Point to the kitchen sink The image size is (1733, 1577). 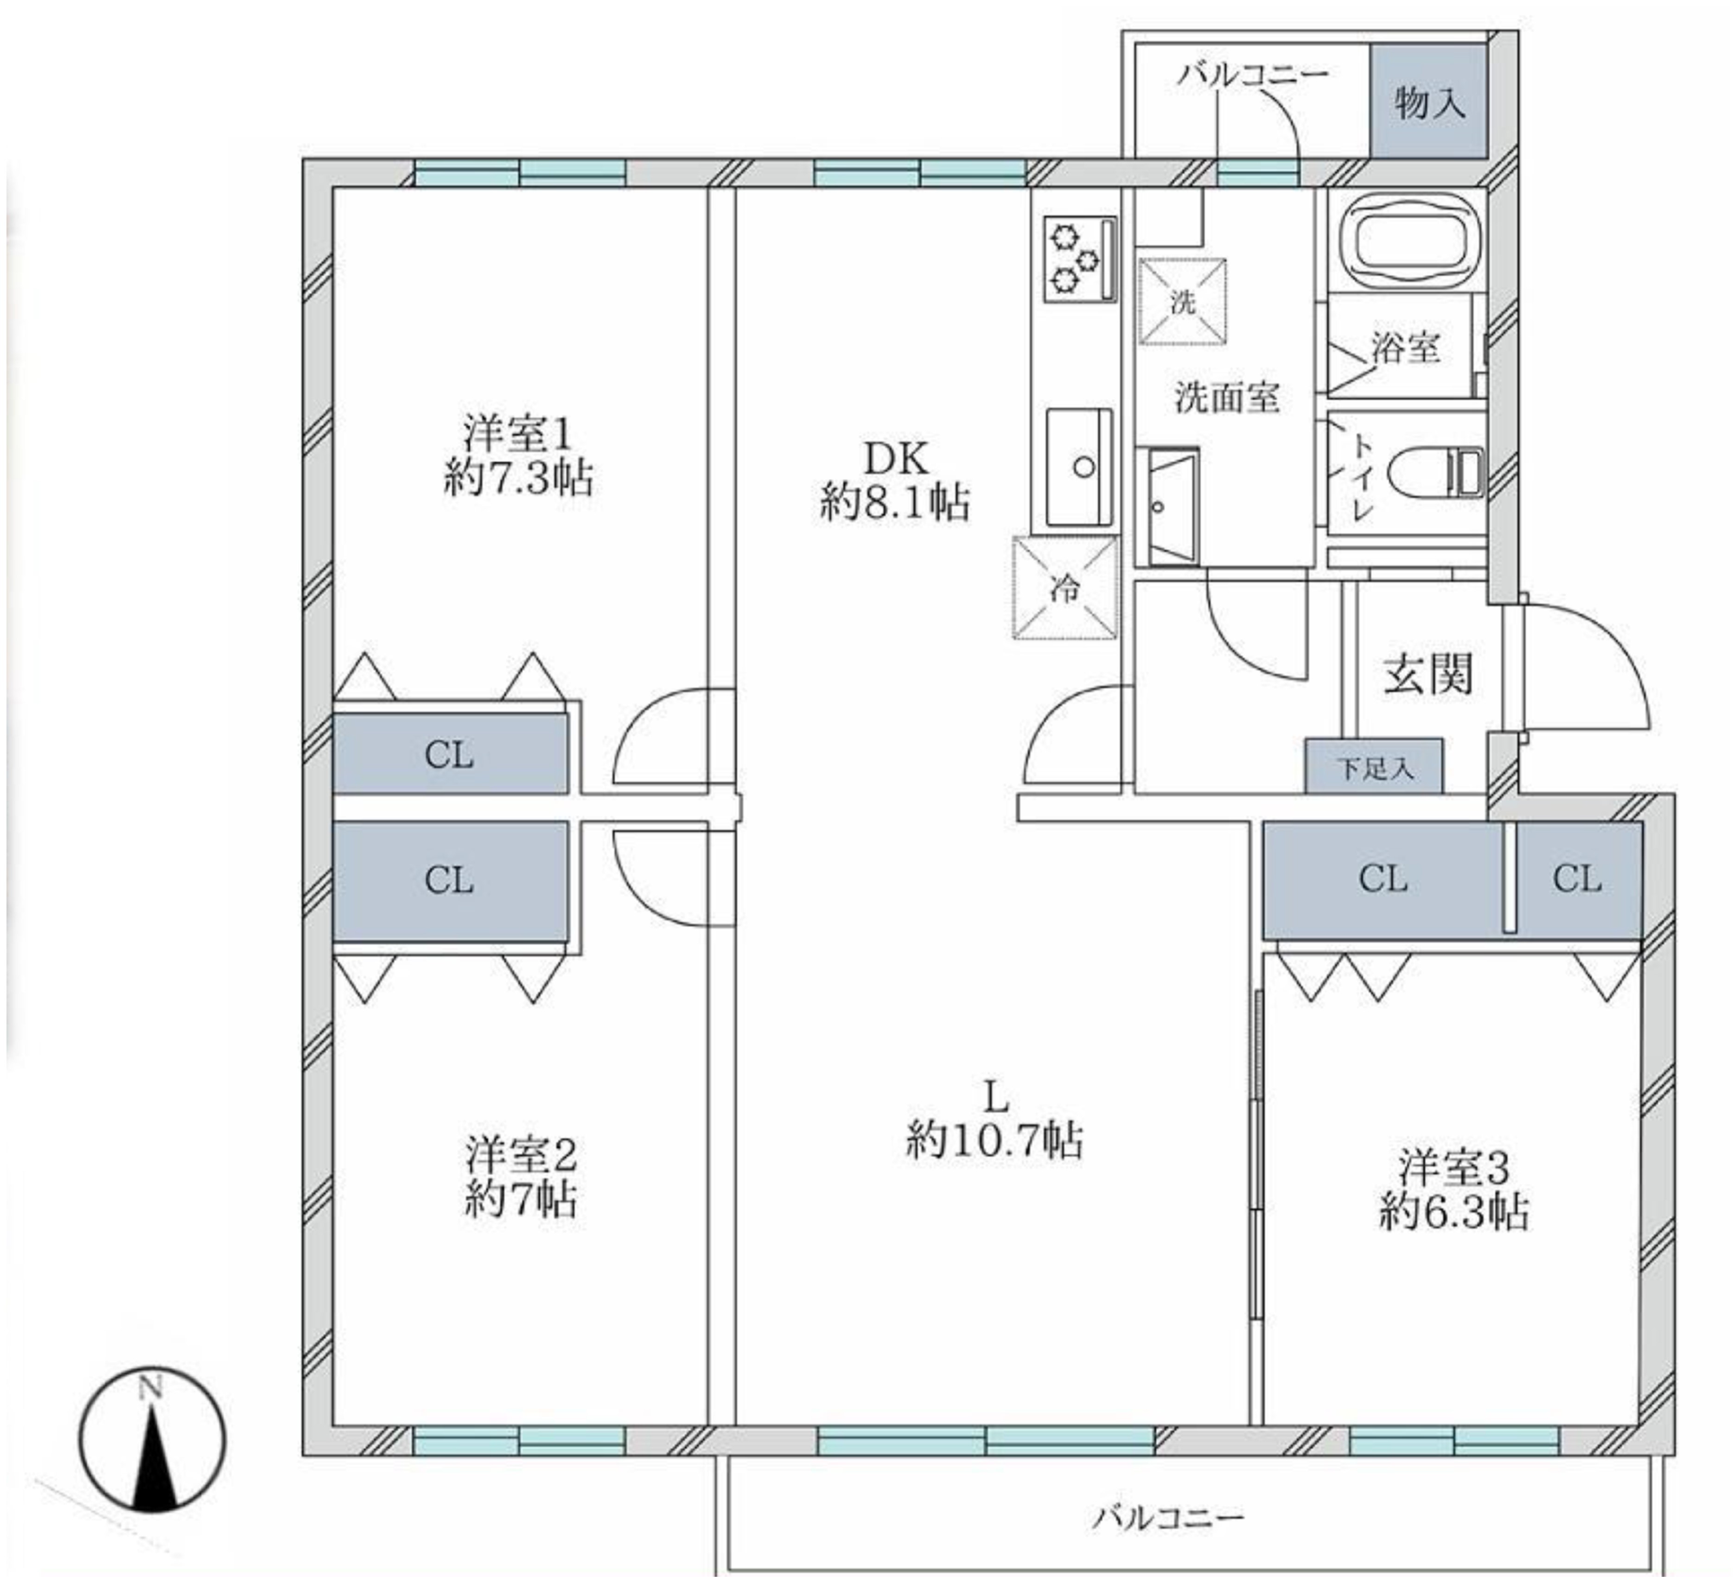click(x=1080, y=467)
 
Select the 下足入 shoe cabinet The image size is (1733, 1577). click(x=1374, y=766)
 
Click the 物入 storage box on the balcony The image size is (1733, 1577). click(x=1429, y=101)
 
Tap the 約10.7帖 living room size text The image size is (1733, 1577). click(x=994, y=1140)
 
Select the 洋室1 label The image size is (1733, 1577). click(x=518, y=433)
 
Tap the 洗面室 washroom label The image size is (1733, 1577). click(x=1228, y=397)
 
